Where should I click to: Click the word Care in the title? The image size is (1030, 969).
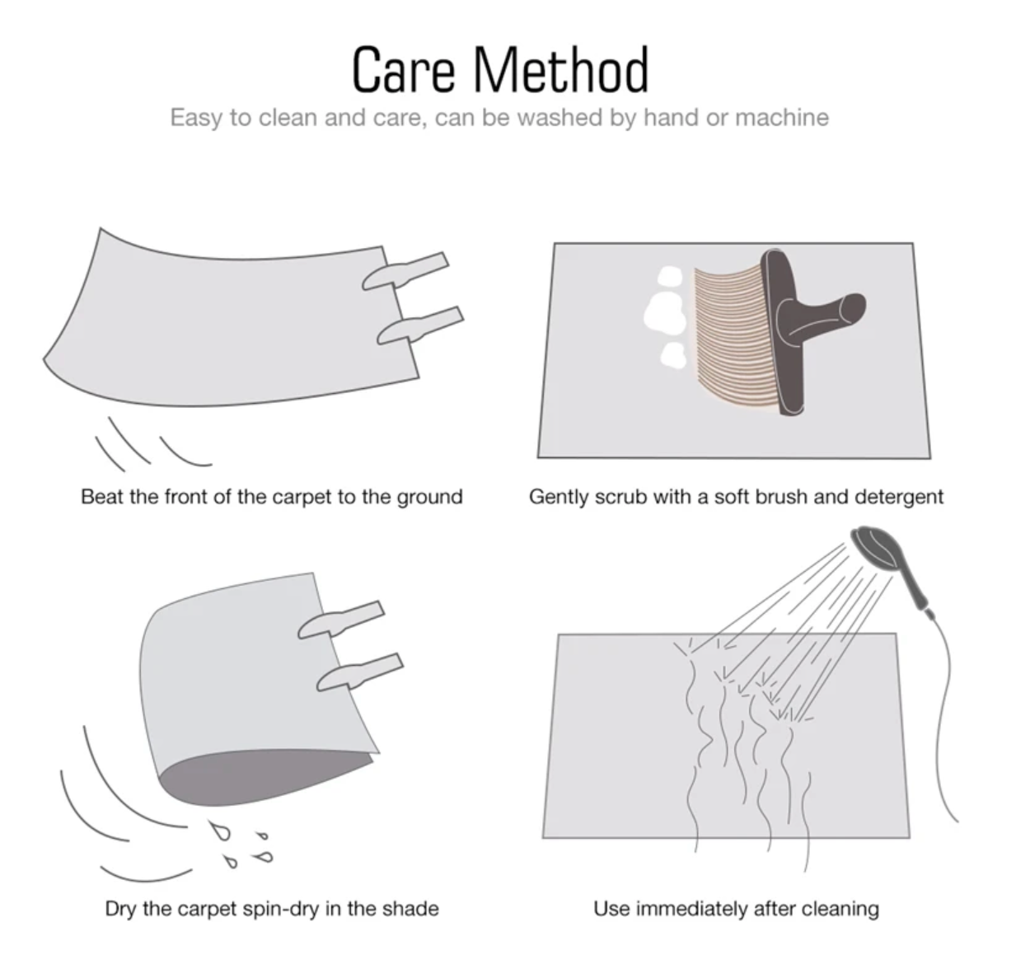[x=404, y=69]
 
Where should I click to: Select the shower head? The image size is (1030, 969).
[x=876, y=547]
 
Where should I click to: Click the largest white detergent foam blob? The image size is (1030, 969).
[x=665, y=311]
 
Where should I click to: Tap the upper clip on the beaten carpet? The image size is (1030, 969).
[x=405, y=271]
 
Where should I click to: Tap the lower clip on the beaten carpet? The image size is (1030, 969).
[x=420, y=325]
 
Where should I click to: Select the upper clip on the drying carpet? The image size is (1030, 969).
[x=341, y=620]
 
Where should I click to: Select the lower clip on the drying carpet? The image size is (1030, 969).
[x=360, y=672]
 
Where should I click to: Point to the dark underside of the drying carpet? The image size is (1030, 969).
[x=260, y=777]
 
